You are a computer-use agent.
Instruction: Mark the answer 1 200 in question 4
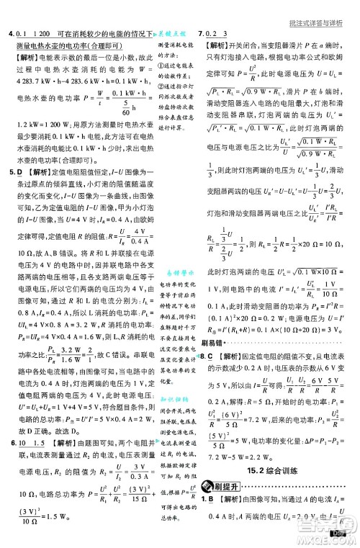pos(39,35)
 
